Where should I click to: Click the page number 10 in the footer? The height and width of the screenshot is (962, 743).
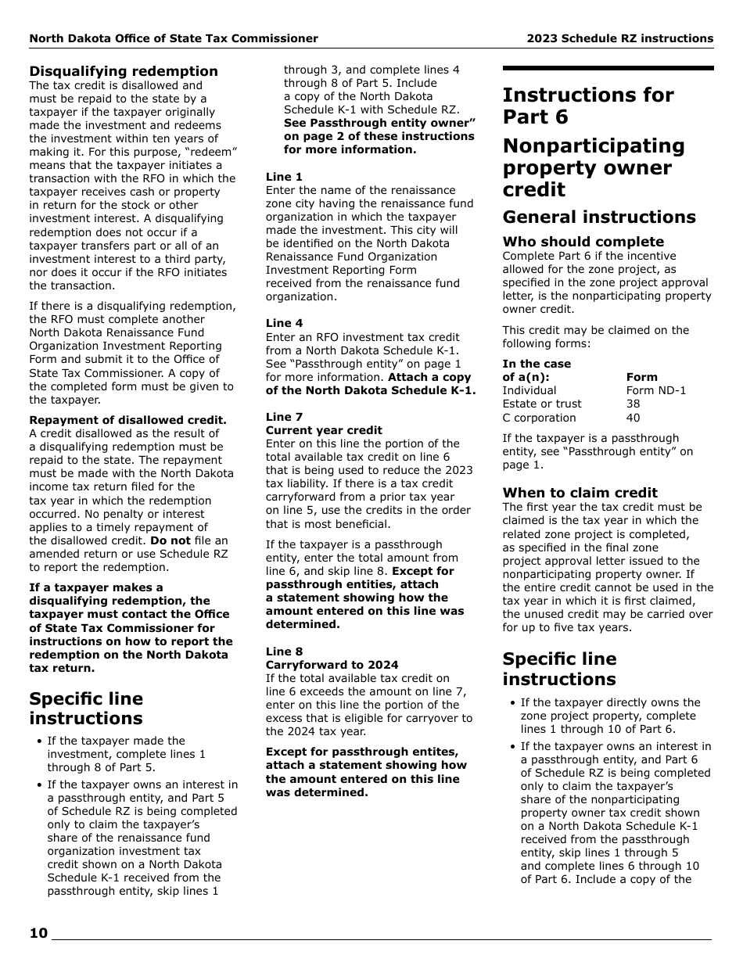[x=38, y=932]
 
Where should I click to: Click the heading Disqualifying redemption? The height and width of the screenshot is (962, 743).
[x=124, y=71]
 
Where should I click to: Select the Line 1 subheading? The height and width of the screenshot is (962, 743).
[x=284, y=177]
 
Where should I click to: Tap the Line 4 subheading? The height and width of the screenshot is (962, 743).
[x=284, y=323]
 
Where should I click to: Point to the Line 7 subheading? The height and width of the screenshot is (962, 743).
[x=284, y=417]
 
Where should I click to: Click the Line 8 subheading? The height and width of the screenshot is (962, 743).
[x=284, y=652]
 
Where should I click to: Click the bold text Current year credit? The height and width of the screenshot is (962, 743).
[x=324, y=430]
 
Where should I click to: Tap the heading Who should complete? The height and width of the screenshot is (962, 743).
[x=583, y=242]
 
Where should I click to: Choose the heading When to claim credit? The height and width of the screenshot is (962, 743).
[x=580, y=493]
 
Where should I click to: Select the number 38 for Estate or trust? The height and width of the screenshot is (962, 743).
[x=633, y=404]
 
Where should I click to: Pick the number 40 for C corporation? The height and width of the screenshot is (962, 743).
[x=633, y=418]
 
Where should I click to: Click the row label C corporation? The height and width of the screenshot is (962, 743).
[x=539, y=418]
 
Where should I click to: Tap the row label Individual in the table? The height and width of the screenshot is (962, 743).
[x=529, y=390]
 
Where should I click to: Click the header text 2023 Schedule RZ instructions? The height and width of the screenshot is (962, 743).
[x=619, y=38]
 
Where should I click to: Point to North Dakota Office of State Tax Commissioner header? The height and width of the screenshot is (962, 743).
[x=174, y=38]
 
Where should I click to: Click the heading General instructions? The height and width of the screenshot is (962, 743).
[x=598, y=217]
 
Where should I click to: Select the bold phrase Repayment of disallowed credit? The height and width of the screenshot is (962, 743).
[x=128, y=420]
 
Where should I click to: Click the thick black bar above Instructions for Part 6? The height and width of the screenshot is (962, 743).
[x=607, y=69]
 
